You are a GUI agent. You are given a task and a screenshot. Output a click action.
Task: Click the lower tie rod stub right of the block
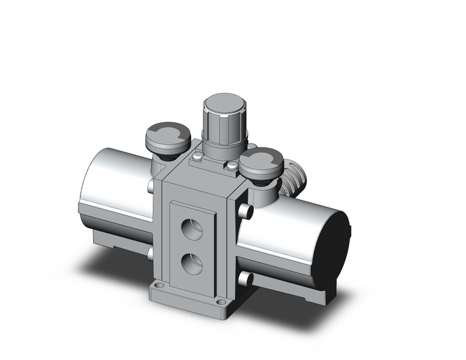pyautogui.click(x=246, y=278)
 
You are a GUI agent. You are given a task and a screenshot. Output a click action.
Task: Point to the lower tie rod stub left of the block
pyautogui.click(x=150, y=253)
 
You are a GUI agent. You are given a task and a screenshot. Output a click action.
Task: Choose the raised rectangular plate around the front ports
pyautogui.click(x=193, y=245)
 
